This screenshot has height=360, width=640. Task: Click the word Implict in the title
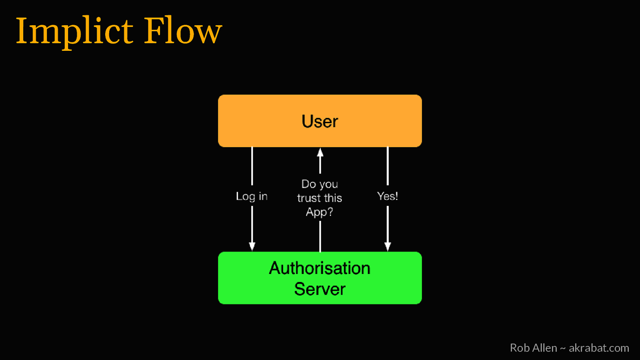(74, 31)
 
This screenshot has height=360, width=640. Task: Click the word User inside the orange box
(320, 121)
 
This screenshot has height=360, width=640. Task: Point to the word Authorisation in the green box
(320, 268)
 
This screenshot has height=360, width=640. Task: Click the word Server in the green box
(320, 289)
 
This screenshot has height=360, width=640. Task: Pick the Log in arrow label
(252, 196)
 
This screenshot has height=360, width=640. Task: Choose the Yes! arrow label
(387, 196)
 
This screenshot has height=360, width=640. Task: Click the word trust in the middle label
(309, 198)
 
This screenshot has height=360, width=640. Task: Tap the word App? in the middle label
(319, 212)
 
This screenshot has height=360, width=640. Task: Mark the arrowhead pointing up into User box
(320, 152)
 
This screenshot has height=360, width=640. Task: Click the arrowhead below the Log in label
(252, 246)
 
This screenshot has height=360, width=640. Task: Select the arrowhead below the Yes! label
(388, 246)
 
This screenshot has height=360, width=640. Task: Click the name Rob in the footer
(518, 348)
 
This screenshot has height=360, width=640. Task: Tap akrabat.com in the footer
(599, 348)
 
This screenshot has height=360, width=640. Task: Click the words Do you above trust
(320, 184)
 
